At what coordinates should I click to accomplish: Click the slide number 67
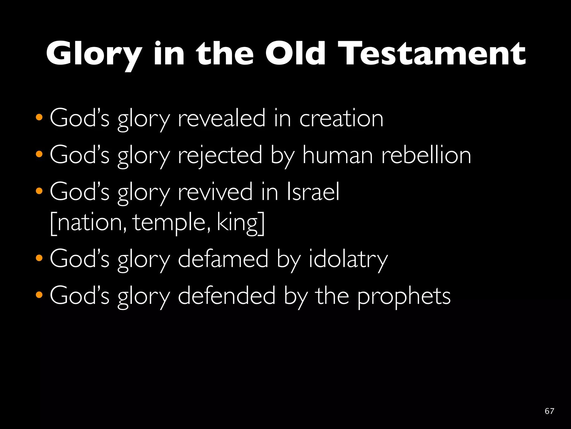point(549,411)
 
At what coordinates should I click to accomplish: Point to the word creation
point(341,119)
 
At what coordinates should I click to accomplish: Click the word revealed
point(222,119)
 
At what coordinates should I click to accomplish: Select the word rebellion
point(426,156)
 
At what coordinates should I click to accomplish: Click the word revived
point(215,192)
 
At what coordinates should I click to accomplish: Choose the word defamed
point(223,259)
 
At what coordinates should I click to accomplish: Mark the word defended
point(227,296)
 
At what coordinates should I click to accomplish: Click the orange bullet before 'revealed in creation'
point(39,117)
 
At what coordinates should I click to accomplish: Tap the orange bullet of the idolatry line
point(39,258)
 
